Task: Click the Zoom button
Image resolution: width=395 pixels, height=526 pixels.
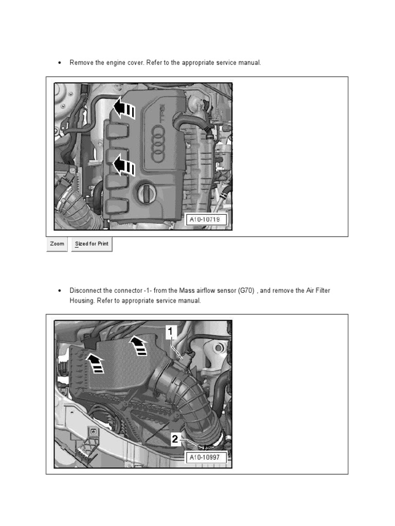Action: (x=57, y=244)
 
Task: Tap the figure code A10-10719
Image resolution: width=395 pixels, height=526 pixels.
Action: (x=205, y=219)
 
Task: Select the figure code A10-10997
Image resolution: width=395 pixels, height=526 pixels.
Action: (x=205, y=457)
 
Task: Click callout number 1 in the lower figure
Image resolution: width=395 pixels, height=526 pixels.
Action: (x=171, y=331)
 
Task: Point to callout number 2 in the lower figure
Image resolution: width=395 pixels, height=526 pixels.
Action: (x=175, y=439)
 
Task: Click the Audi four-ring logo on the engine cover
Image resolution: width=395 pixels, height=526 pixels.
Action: (x=157, y=144)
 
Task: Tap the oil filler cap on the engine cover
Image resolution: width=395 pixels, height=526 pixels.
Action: (x=147, y=193)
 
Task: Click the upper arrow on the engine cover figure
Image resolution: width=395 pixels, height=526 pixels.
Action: (x=124, y=107)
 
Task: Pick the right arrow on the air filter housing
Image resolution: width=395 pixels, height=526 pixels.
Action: (x=139, y=345)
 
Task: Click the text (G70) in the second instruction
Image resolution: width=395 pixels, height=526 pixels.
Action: (x=246, y=291)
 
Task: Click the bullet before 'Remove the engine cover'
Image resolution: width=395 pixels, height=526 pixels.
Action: (x=60, y=63)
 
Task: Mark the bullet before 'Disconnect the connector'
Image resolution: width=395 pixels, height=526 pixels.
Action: (x=60, y=291)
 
